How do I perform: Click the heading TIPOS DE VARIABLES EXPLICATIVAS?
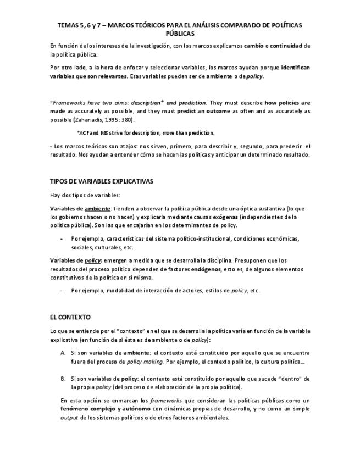click(x=102, y=181)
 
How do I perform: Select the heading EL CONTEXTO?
click(x=70, y=317)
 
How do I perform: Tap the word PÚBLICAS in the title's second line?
click(x=180, y=34)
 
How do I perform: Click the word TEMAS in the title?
click(x=69, y=25)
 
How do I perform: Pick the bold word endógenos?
click(x=207, y=269)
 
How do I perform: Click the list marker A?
click(x=63, y=352)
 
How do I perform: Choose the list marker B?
click(x=63, y=379)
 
